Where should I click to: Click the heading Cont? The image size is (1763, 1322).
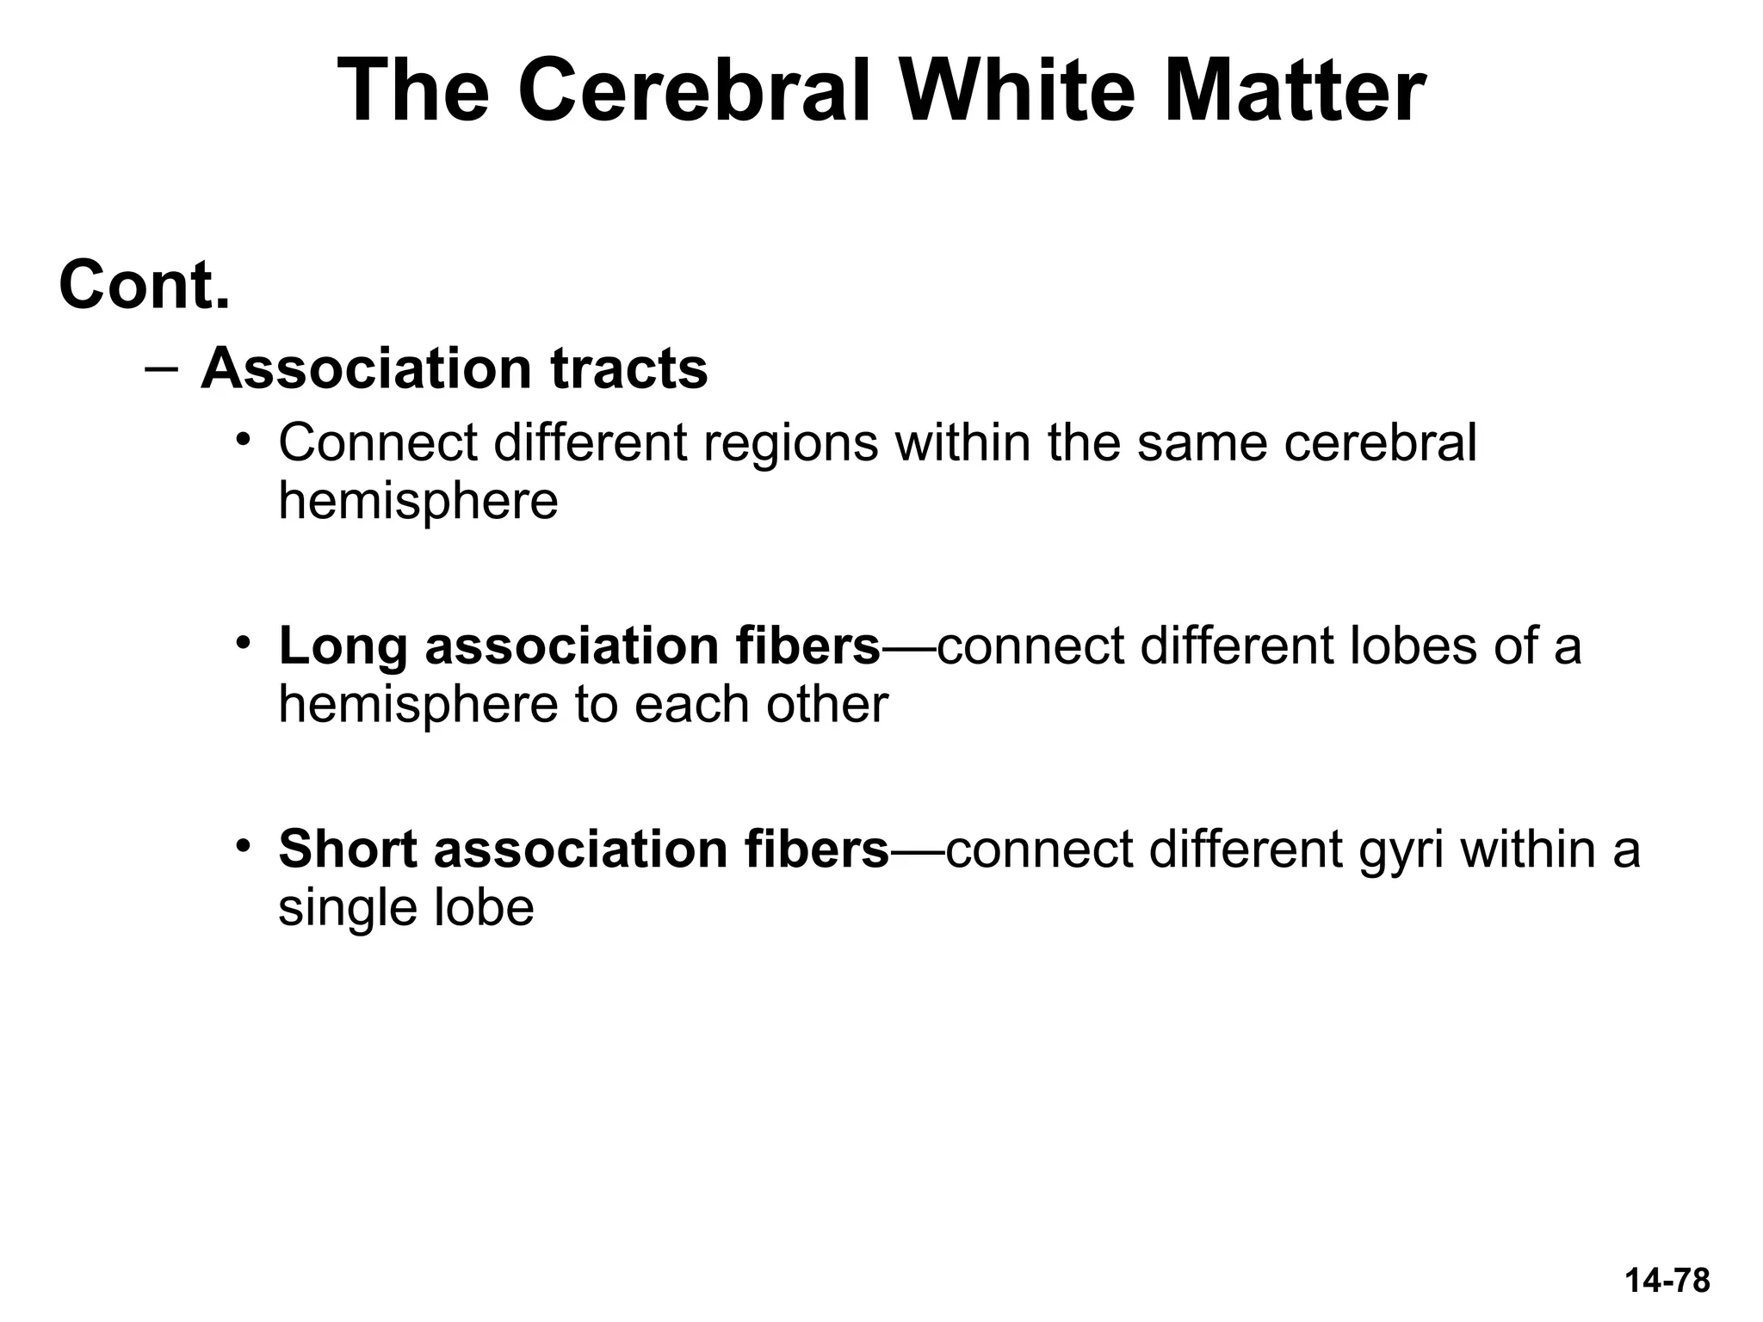145,286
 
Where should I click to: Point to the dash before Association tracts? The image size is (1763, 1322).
161,368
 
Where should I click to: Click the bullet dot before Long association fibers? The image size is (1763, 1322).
244,642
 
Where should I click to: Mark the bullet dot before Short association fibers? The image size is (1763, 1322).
244,845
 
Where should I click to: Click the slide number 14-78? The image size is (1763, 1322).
1667,1281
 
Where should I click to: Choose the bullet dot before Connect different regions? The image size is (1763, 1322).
244,439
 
